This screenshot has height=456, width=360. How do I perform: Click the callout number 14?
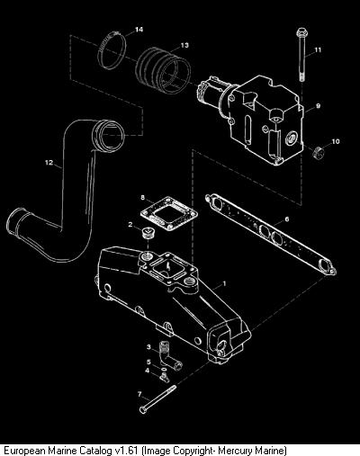(139, 30)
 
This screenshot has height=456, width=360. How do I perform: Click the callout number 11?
(318, 49)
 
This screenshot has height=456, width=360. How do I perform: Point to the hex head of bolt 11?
(301, 31)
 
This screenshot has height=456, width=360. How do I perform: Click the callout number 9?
(318, 106)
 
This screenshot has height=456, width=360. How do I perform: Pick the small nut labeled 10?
(319, 154)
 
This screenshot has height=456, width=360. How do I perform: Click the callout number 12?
(49, 163)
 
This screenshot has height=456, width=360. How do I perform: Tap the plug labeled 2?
(148, 233)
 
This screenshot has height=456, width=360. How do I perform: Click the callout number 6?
(287, 219)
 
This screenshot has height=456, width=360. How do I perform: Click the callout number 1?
(224, 283)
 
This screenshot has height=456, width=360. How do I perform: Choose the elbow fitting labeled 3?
(170, 356)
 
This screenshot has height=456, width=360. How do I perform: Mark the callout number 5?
(148, 362)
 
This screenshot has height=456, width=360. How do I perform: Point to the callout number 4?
(147, 371)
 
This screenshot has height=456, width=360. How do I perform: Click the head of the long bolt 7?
(143, 410)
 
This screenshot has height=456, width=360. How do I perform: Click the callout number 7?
(139, 394)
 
